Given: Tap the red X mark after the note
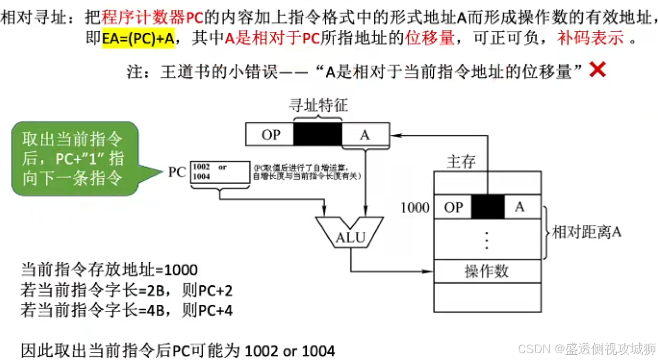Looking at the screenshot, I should [598, 69].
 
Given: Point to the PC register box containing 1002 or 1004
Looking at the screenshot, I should [220, 172].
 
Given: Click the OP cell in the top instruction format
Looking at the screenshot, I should [270, 134].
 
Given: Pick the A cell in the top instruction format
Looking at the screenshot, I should [365, 134].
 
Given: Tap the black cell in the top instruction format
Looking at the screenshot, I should [318, 134].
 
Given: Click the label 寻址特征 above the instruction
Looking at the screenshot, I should [318, 106].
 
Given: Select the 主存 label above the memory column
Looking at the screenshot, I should [461, 162].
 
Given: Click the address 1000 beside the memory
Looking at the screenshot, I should [415, 207].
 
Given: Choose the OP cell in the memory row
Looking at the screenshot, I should [453, 207].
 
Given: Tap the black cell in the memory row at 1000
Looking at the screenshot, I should [488, 207].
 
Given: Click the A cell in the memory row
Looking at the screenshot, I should [520, 207].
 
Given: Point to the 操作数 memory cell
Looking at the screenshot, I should [487, 271].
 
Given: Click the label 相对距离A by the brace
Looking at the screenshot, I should [586, 232].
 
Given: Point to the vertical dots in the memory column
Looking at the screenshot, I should [487, 240].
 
